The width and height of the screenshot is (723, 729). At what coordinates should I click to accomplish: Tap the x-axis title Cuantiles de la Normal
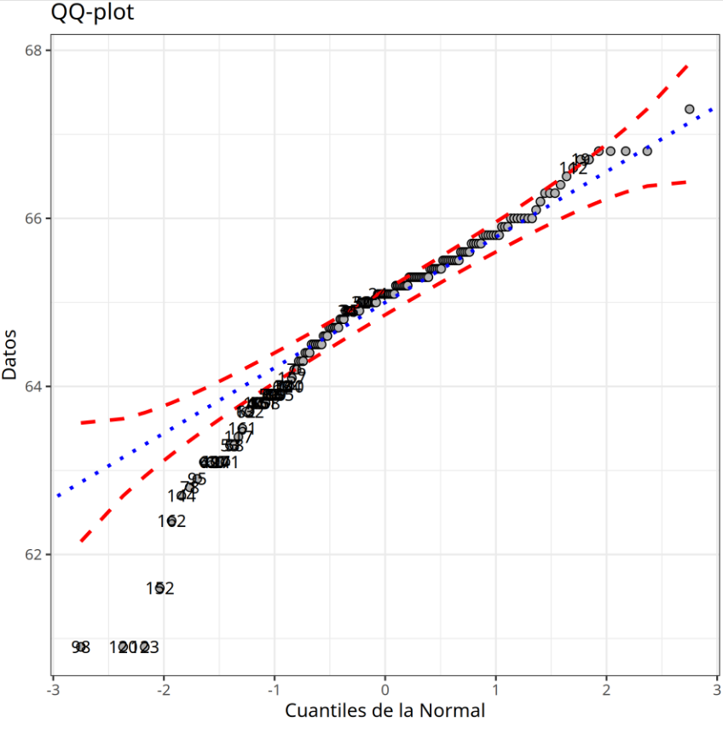tap(385, 710)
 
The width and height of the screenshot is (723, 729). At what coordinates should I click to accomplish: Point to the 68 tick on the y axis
tap(34, 50)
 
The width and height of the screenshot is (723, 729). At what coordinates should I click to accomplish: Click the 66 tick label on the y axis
tap(34, 218)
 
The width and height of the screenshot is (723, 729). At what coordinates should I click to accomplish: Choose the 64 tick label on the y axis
tap(34, 386)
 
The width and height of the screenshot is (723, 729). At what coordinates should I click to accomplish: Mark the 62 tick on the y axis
tap(34, 554)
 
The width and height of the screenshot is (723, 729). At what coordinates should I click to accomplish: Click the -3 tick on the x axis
tap(53, 689)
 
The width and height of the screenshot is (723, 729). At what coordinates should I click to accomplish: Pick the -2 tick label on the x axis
tap(164, 689)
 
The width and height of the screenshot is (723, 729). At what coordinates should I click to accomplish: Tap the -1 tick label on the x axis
tap(275, 689)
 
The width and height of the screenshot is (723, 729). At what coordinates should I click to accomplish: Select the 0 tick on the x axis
tap(385, 689)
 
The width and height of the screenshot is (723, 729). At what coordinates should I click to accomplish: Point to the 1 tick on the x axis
tap(496, 689)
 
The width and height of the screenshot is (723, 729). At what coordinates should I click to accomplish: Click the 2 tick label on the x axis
tap(606, 689)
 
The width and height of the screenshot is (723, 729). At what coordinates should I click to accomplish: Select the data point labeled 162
tap(171, 520)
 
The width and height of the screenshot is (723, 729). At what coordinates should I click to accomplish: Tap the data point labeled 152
tap(159, 587)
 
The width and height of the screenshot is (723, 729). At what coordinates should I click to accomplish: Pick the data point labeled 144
tap(181, 495)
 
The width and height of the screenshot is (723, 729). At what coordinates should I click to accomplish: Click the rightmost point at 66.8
tap(647, 151)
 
